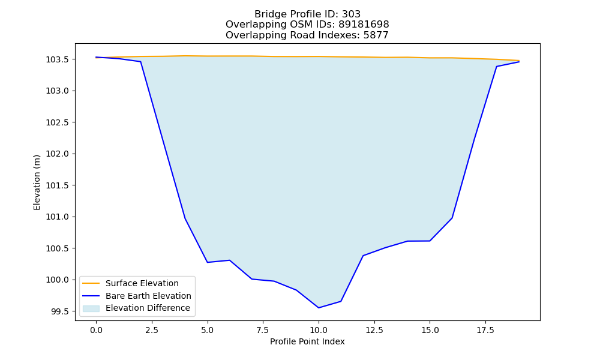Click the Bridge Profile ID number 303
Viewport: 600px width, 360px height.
click(351, 14)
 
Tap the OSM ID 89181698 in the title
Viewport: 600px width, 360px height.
click(364, 25)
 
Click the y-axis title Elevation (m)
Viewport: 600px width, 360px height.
click(37, 182)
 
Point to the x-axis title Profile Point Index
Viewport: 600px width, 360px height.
click(307, 341)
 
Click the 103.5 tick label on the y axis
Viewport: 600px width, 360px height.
click(58, 59)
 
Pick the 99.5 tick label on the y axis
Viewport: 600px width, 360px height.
click(59, 311)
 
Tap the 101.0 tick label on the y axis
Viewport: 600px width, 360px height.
click(58, 217)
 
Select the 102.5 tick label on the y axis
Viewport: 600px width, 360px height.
click(58, 122)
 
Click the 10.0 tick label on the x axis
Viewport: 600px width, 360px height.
click(319, 330)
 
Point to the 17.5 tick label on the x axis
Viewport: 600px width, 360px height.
click(485, 330)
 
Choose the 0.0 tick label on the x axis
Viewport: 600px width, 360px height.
click(96, 330)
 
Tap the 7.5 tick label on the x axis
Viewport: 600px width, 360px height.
click(263, 330)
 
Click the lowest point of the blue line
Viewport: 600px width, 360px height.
click(319, 308)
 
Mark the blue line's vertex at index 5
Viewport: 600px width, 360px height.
click(208, 262)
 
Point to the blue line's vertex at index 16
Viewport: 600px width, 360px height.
click(452, 218)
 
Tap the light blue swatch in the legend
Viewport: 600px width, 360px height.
click(91, 308)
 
